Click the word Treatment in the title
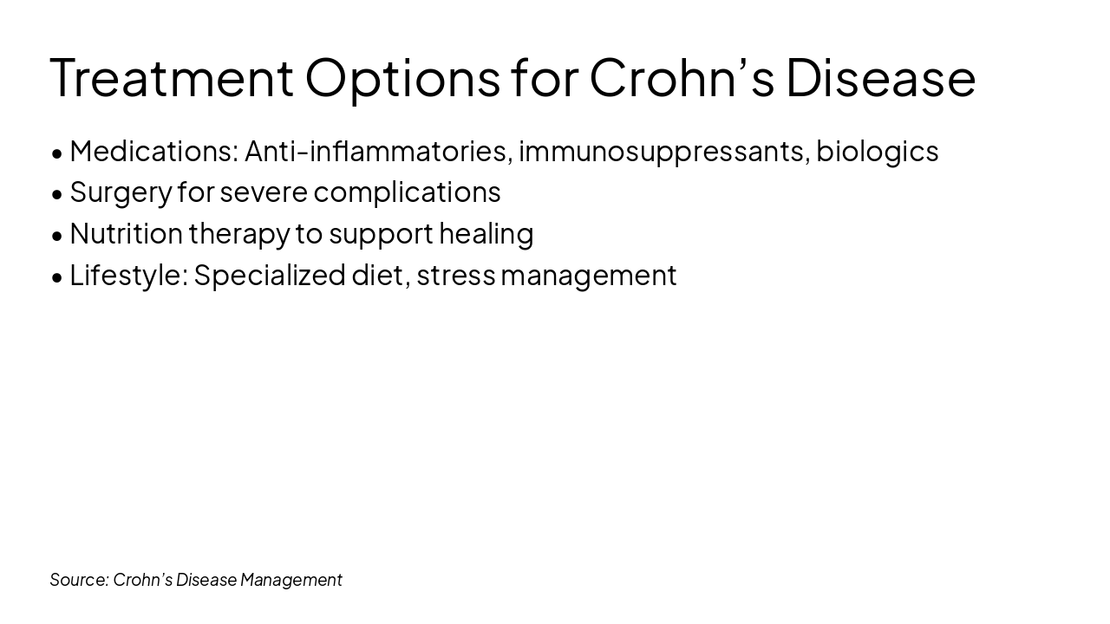(x=172, y=77)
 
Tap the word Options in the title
(x=402, y=77)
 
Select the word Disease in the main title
(x=880, y=77)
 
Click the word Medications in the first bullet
(x=153, y=151)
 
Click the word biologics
(x=877, y=151)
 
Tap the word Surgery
(x=121, y=192)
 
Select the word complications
(x=407, y=192)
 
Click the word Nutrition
(x=126, y=233)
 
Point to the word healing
(x=486, y=233)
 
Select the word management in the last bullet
(x=589, y=275)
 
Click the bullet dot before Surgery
(x=57, y=194)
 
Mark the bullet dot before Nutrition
(x=57, y=236)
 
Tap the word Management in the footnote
(x=291, y=579)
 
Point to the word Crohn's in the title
(x=682, y=77)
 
